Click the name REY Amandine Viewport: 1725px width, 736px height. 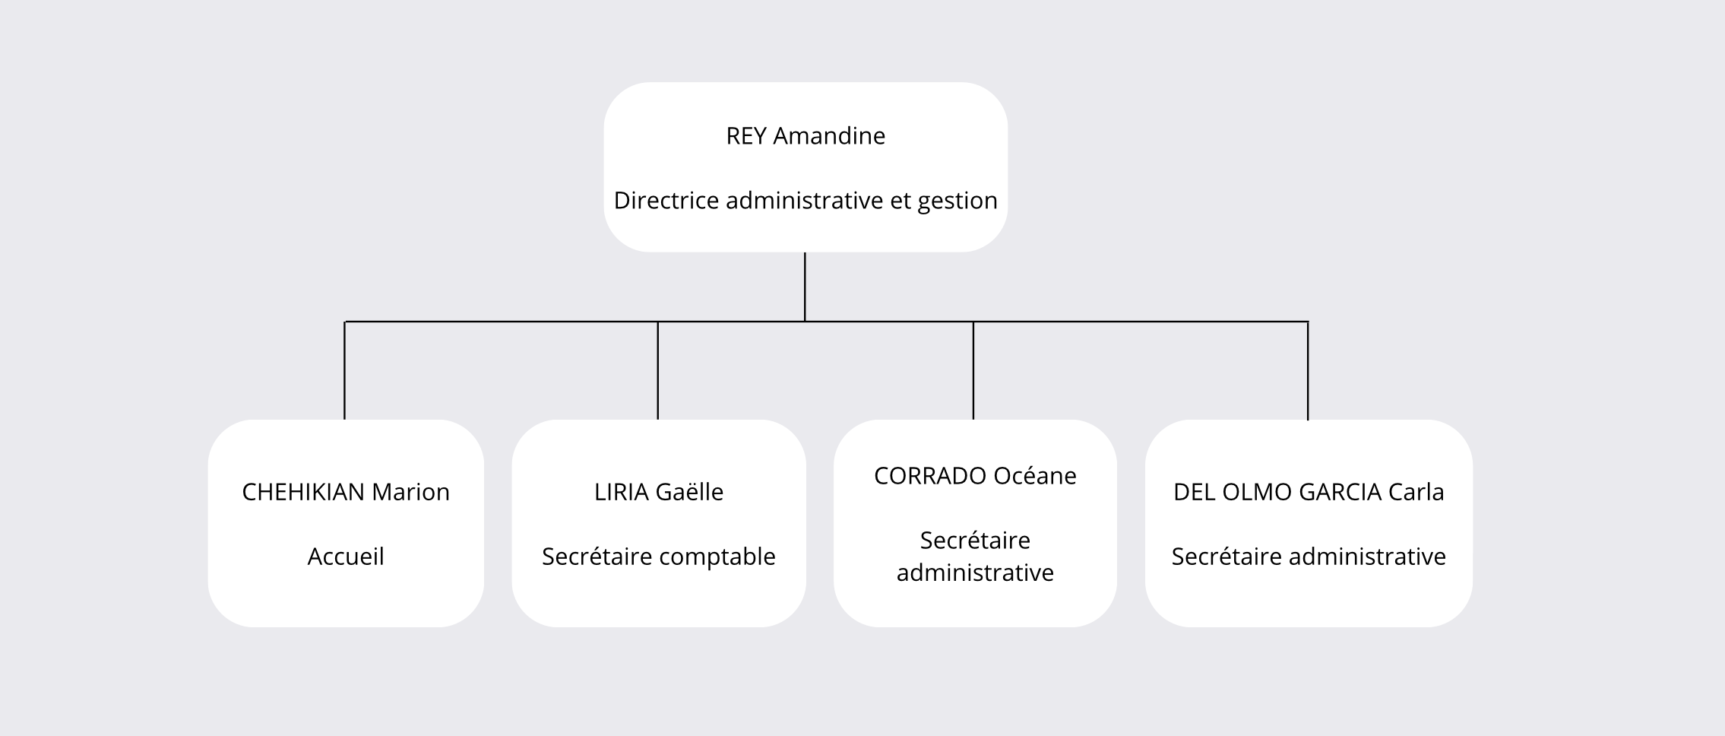coord(806,136)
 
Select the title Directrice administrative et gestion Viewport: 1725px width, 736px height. coord(806,201)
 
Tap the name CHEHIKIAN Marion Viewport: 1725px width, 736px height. coord(346,493)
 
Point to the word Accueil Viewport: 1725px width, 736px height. coord(346,557)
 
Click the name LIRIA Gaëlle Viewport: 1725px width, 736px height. coord(659,493)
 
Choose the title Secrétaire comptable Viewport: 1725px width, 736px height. coord(659,557)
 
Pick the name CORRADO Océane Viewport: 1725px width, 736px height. coord(975,476)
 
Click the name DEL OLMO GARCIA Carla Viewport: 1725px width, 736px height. coord(1309,493)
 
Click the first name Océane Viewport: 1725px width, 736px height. coord(1035,476)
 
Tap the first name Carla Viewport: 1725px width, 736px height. coord(1416,493)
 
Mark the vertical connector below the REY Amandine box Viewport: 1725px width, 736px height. coord(805,287)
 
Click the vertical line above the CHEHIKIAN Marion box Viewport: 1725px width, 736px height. coord(345,370)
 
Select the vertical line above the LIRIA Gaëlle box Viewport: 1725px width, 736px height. coord(658,370)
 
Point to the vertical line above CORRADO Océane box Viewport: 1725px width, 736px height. coord(973,370)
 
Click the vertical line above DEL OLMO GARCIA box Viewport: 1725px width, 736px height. coord(1308,370)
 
